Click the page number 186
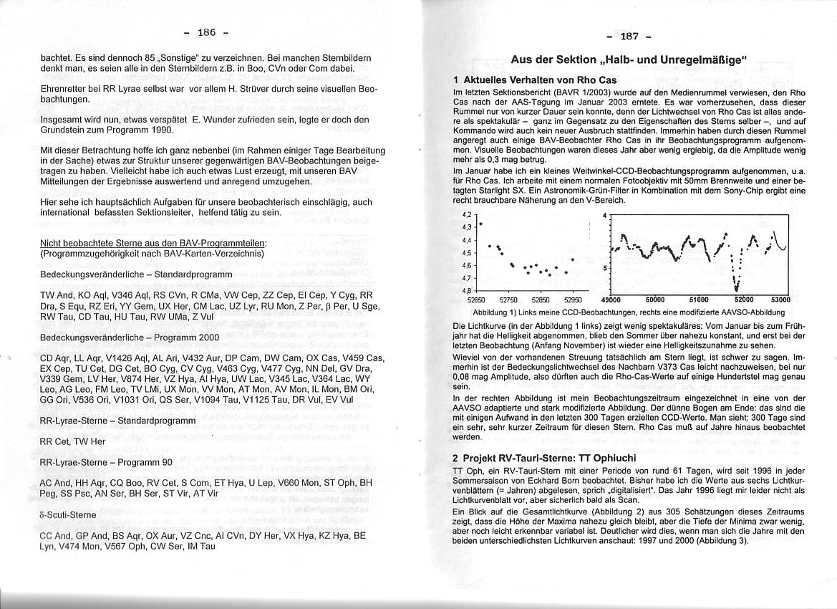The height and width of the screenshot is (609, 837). coord(206,33)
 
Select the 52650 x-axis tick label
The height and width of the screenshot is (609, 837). coord(476,300)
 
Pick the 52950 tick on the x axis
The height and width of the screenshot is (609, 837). coord(574,300)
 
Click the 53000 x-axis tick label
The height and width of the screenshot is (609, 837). coord(780,300)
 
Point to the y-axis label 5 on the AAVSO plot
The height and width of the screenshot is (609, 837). coord(605,268)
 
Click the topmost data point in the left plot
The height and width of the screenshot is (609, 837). coord(480,224)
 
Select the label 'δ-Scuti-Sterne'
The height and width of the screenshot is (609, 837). coord(68,514)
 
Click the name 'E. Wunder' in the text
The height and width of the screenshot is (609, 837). coord(214,119)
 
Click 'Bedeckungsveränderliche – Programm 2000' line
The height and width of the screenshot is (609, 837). coord(130,337)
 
